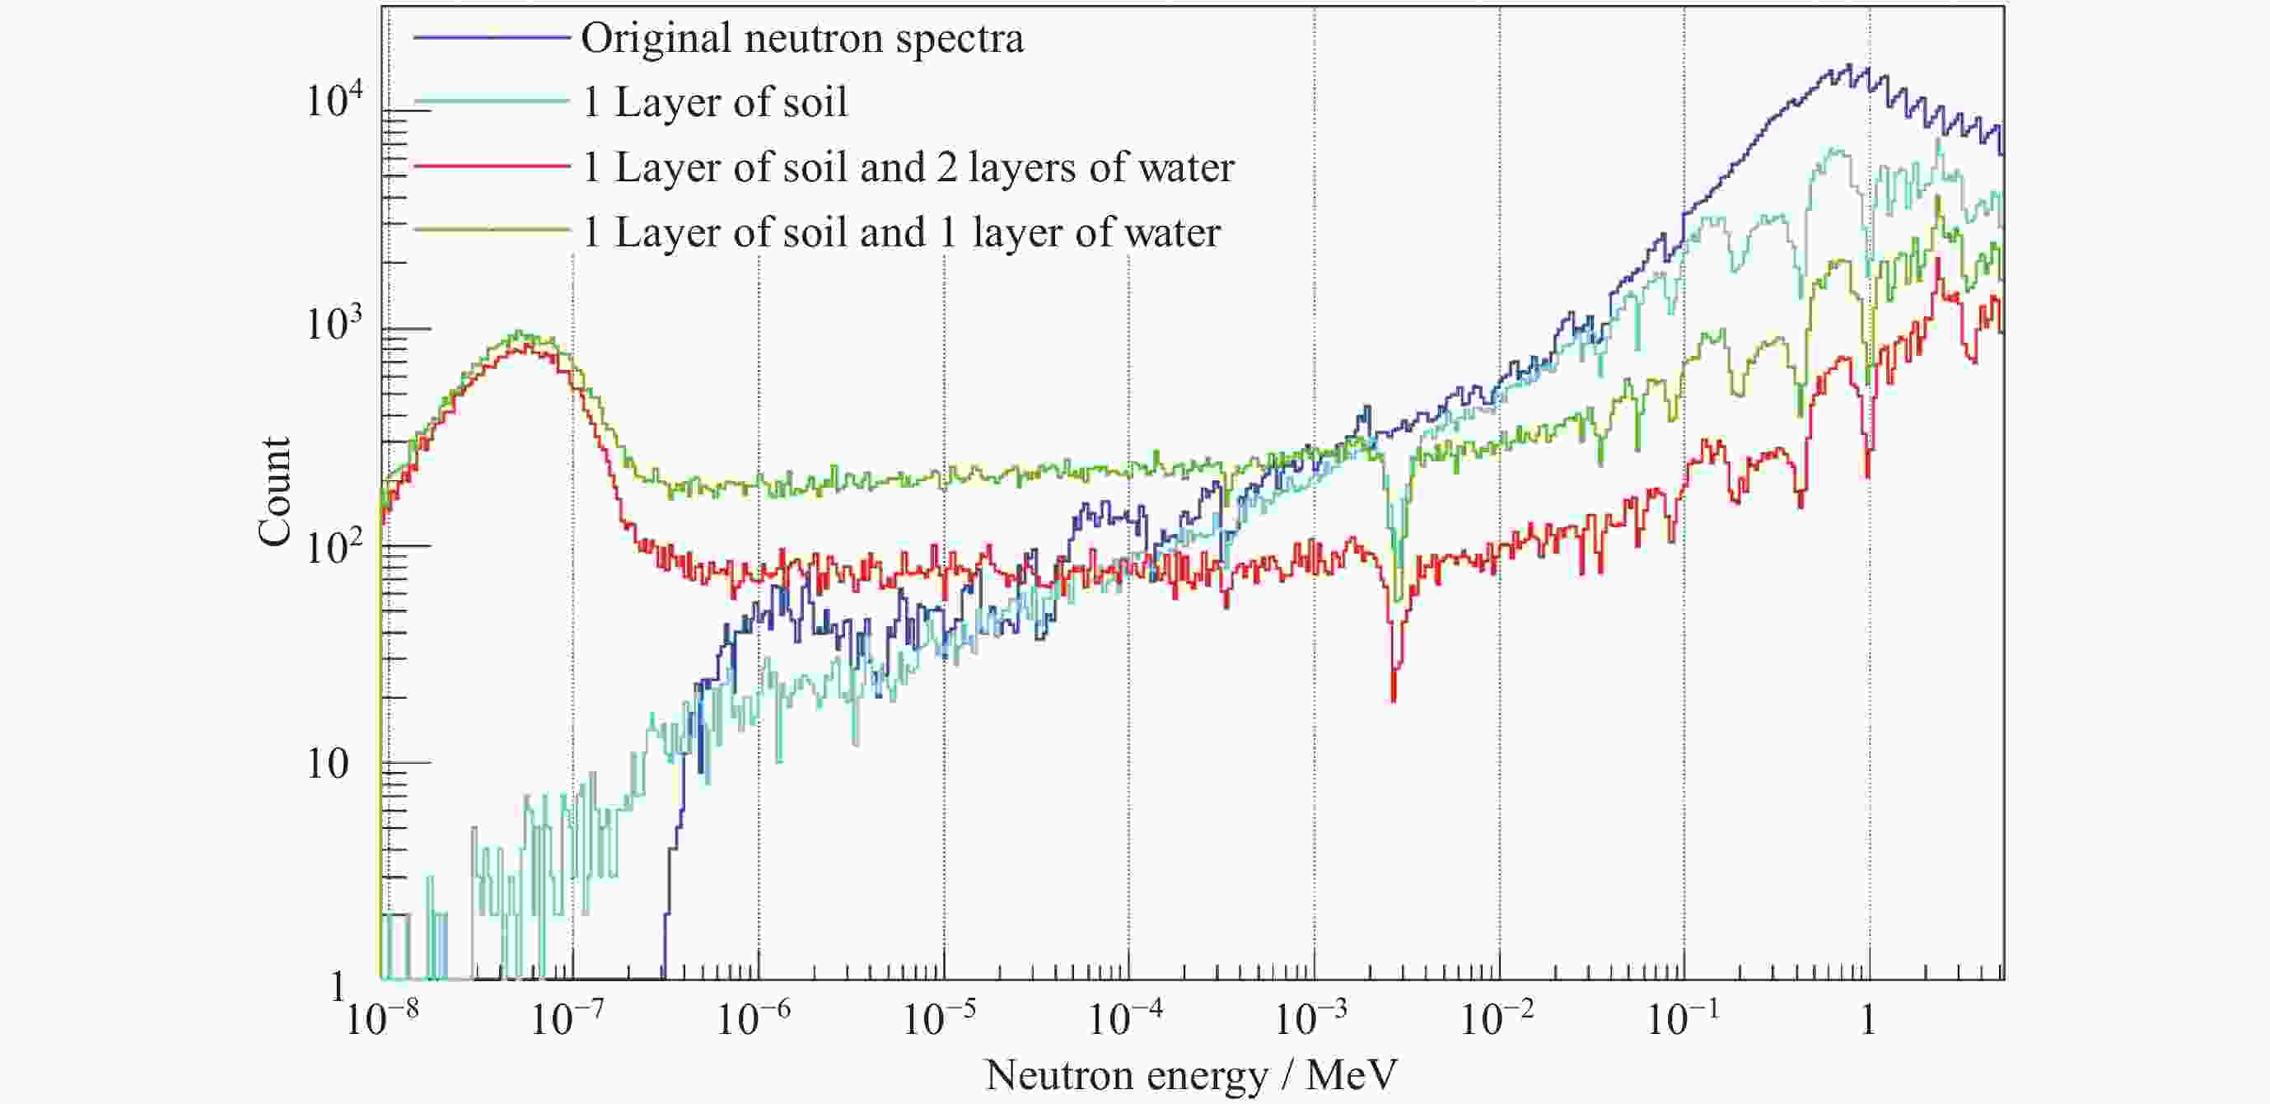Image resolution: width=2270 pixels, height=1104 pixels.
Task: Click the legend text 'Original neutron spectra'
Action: [x=802, y=39]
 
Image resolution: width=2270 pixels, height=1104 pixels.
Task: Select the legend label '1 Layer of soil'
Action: [x=715, y=103]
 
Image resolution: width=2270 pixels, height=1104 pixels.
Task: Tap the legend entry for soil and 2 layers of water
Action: [x=908, y=167]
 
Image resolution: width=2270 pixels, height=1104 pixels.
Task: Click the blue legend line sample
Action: [x=491, y=38]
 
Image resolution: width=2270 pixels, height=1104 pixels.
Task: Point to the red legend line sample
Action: [x=491, y=166]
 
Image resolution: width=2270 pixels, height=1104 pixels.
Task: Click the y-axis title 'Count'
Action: [x=275, y=491]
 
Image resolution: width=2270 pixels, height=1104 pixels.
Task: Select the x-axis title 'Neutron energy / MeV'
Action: [x=1190, y=1076]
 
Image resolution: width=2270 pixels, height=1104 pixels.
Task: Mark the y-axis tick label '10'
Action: [x=328, y=764]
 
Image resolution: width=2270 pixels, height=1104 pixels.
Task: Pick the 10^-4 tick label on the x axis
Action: [x=1125, y=1019]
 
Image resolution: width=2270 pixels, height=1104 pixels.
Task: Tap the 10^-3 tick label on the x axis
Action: [x=1311, y=1019]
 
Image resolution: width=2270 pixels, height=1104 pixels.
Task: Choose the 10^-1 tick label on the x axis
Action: [x=1682, y=1019]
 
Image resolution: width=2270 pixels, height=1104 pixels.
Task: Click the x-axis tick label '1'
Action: [x=1868, y=1019]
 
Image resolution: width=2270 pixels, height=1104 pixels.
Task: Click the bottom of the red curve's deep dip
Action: [x=1393, y=699]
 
